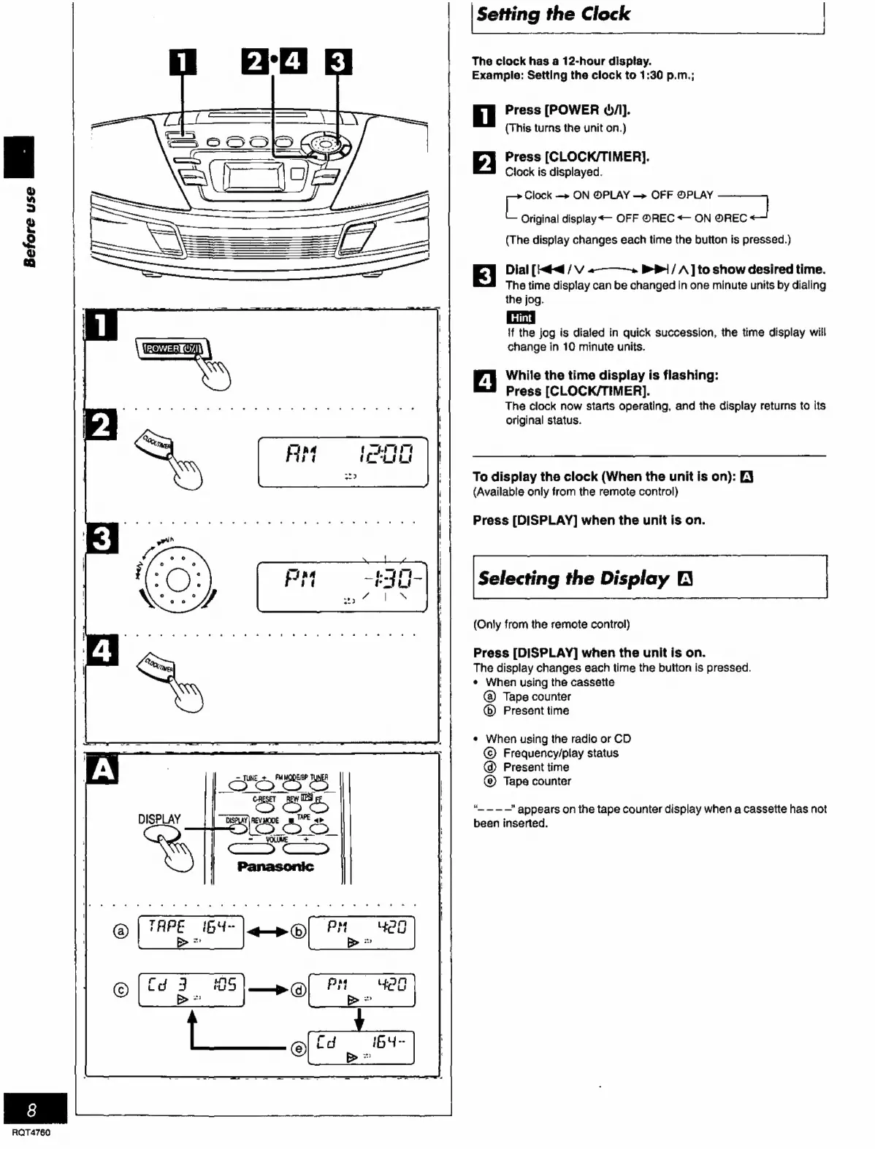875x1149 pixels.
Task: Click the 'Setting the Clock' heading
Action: pos(553,15)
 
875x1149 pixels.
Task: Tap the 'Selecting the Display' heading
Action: pos(574,579)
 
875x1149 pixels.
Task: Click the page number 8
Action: pos(31,1110)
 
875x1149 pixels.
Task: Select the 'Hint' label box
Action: pos(520,318)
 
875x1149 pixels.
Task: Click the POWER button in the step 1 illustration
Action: pos(172,349)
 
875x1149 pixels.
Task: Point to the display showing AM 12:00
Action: pos(343,462)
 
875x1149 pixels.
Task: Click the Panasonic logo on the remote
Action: pos(275,866)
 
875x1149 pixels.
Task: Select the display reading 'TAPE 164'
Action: pos(191,932)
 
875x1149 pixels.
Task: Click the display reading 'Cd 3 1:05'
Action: pos(191,990)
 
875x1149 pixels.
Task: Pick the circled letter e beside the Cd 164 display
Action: pos(298,1049)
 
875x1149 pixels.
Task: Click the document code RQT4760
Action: pos(31,1133)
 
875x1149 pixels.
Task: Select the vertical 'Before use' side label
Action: pos(29,226)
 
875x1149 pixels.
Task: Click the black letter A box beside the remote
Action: pos(102,771)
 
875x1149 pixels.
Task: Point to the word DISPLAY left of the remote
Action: pos(159,819)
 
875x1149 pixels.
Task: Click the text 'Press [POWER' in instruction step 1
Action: pos(551,110)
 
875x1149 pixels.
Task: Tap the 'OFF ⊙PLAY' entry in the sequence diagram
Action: pos(681,195)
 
